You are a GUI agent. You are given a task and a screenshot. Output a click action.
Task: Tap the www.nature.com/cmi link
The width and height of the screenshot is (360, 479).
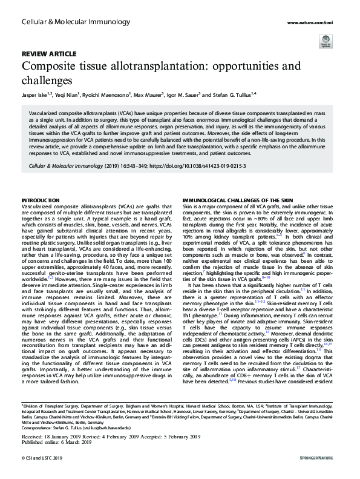click(316, 23)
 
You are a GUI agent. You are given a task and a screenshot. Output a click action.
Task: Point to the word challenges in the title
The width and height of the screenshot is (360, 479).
click(47, 79)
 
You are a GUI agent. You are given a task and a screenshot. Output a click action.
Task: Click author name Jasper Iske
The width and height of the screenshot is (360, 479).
click(34, 94)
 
